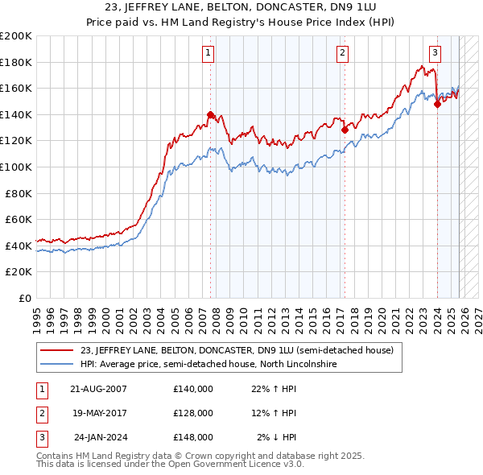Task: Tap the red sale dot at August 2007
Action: [211, 114]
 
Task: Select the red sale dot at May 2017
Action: [345, 130]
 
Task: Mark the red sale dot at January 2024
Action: [437, 104]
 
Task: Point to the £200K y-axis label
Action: [16, 36]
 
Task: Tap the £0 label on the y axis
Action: [24, 298]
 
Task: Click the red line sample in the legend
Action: [56, 350]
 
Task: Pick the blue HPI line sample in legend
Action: [56, 365]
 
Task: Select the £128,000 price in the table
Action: [193, 413]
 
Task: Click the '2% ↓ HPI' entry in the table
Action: [277, 437]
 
